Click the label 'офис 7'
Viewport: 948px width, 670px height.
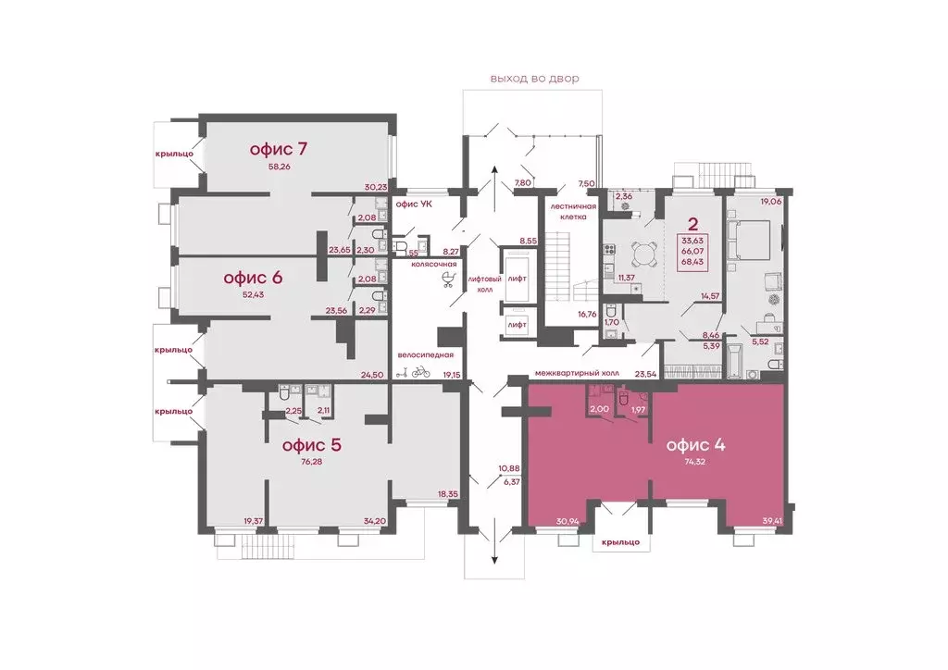coord(278,149)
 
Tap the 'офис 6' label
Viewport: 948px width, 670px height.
coord(253,278)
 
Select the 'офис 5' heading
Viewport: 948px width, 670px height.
coord(312,445)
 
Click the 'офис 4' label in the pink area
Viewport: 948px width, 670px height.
coord(695,445)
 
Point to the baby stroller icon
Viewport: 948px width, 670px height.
coord(449,279)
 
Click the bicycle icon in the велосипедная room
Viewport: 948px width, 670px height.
coord(421,371)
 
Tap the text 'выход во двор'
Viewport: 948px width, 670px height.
coord(534,79)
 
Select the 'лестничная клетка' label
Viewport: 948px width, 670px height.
coord(573,211)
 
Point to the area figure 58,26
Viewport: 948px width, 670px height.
coord(280,167)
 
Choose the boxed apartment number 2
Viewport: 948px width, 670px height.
coord(692,225)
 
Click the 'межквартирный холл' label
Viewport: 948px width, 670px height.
coord(577,373)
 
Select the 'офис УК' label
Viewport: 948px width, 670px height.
coord(414,205)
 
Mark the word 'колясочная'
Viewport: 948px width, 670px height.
coord(433,264)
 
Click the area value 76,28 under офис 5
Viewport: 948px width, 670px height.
coord(311,462)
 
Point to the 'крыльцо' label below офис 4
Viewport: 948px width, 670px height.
coord(620,542)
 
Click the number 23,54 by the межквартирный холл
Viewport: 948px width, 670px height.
coord(645,373)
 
